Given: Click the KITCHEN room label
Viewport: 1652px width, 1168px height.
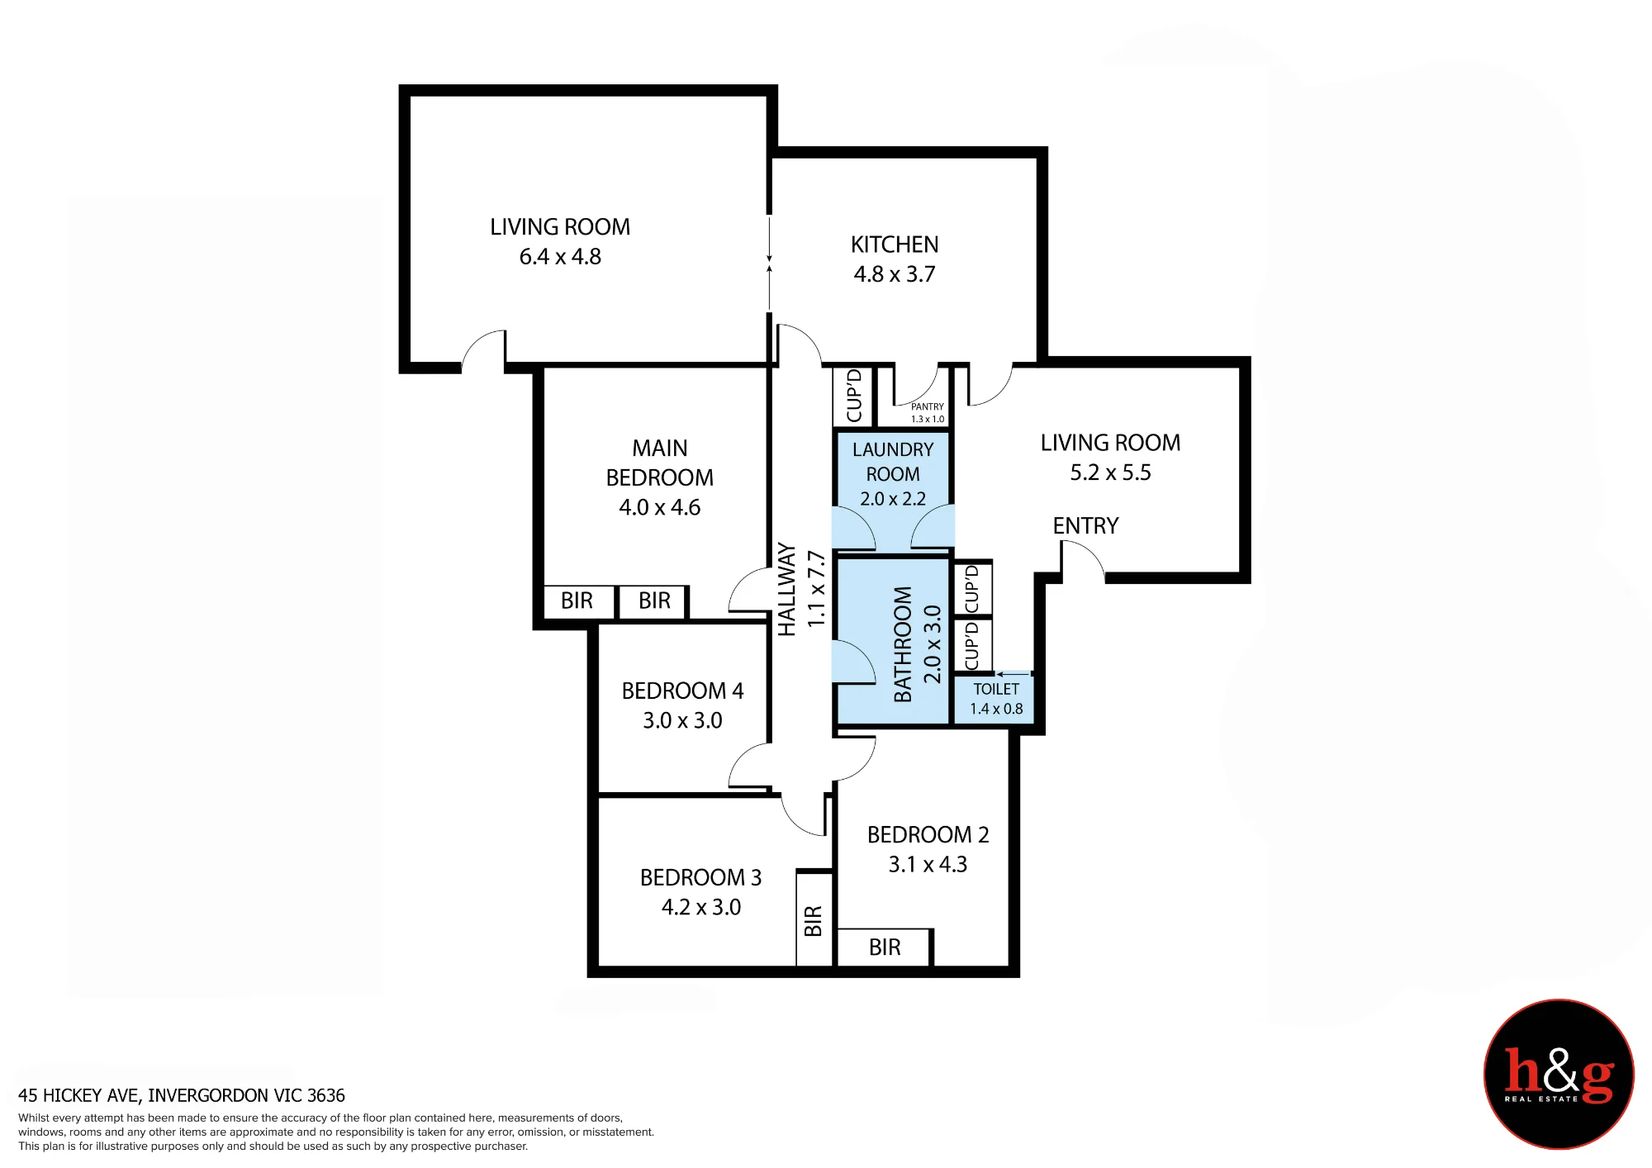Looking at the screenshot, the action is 895,245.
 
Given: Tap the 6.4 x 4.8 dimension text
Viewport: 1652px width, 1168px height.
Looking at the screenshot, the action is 560,257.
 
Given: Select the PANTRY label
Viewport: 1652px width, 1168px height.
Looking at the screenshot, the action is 927,406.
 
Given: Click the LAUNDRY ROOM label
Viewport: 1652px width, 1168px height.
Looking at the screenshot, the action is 893,462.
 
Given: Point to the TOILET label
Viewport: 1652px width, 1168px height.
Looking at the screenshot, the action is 996,689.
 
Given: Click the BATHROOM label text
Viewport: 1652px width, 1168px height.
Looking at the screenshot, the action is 903,644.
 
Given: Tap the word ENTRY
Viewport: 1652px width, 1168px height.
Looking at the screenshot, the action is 1085,526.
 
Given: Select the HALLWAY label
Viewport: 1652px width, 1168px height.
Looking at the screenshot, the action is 787,589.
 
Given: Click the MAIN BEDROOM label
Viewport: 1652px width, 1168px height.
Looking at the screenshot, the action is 659,463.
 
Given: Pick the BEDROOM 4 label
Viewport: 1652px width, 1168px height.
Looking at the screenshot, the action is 682,691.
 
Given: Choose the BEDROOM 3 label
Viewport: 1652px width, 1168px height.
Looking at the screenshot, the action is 700,877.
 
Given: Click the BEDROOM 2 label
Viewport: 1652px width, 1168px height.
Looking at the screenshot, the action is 928,834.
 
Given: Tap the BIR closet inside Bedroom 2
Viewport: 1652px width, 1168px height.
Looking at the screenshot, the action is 885,947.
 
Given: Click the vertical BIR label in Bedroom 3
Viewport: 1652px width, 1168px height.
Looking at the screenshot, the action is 814,921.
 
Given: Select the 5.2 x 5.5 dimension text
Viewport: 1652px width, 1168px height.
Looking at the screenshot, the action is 1110,472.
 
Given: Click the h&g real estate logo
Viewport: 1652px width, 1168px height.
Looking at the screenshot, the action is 1559,1074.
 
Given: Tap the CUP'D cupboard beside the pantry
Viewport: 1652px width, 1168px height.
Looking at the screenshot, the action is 854,396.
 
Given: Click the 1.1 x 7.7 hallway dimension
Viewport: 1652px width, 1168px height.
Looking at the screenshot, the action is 816,589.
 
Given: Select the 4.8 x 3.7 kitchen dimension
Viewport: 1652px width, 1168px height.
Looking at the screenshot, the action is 895,274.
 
